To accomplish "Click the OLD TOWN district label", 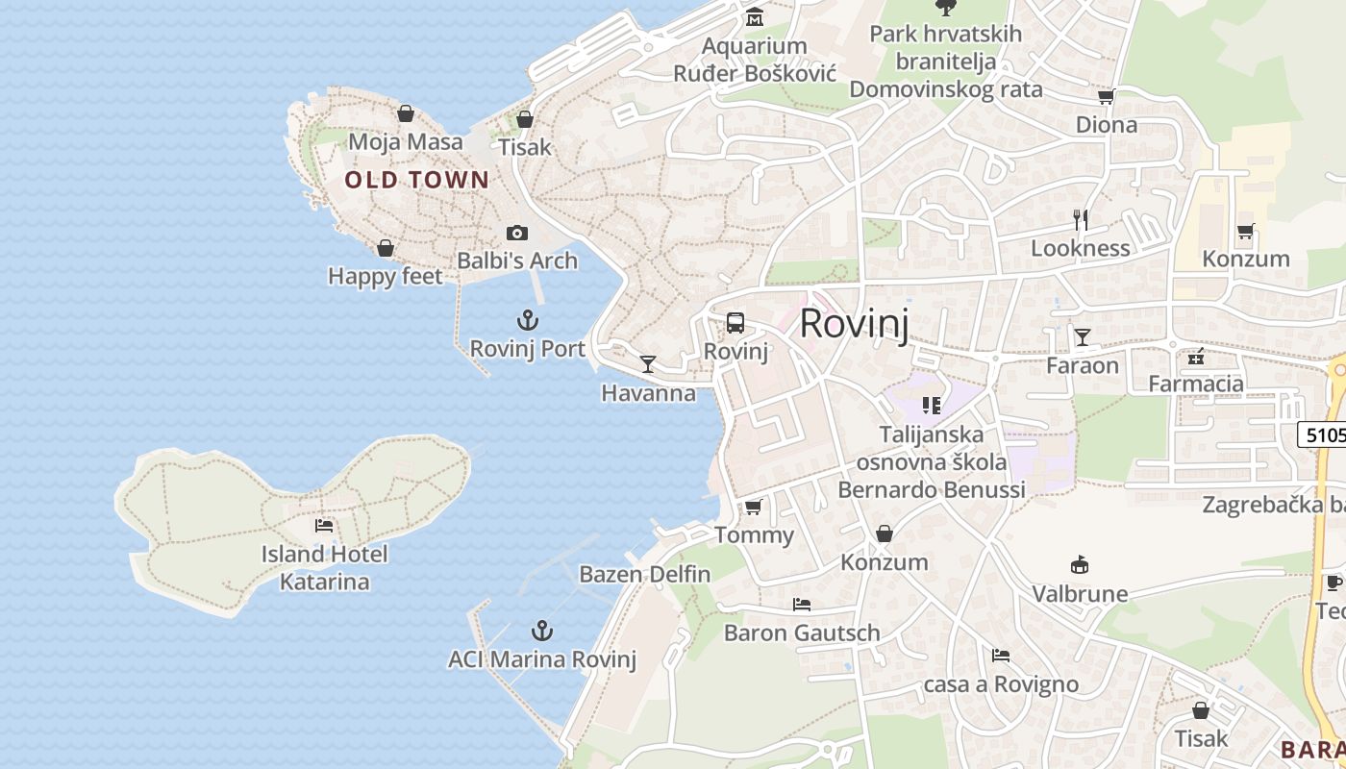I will [417, 180].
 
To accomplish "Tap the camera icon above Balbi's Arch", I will [517, 233].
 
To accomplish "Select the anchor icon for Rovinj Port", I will [528, 320].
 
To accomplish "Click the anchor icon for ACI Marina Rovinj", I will [543, 631].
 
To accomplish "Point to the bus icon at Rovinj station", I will [735, 323].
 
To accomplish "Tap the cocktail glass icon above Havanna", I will [648, 363].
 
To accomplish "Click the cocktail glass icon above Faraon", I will [1083, 336].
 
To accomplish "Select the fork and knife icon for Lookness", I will [1081, 220].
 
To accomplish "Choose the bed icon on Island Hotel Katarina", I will [324, 525].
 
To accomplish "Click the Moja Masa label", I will [406, 142].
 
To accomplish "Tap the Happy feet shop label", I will [386, 277].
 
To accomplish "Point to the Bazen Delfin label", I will [645, 575].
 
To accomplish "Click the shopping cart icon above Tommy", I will [754, 507].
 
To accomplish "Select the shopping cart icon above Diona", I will [1107, 96].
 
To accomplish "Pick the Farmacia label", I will [1196, 384].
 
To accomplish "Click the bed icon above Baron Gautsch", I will [802, 604].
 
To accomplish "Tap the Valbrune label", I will [1081, 593].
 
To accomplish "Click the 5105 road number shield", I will [1325, 434].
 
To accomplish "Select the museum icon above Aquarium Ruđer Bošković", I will [755, 17].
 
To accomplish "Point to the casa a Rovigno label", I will [1001, 684].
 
